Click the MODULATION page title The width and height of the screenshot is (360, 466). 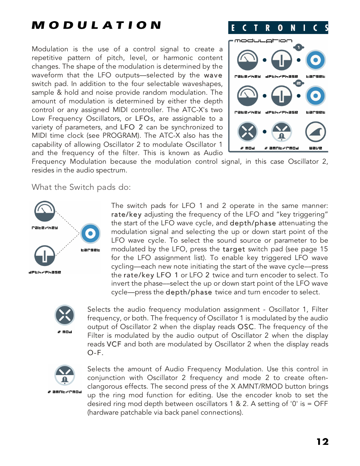pos(97,25)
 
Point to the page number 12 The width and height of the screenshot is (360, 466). pos(322,441)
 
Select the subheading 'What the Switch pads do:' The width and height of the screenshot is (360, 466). pos(81,187)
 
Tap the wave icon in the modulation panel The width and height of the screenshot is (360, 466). pos(315,132)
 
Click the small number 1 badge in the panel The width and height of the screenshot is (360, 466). pos(298,47)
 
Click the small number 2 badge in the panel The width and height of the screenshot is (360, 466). pos(298,83)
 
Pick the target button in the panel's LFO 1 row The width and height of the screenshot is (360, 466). pos(315,60)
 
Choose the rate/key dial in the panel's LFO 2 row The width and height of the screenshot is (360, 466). pos(247,96)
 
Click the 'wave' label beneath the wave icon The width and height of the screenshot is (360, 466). pos(315,148)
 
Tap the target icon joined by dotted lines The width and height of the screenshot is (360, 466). pos(90,234)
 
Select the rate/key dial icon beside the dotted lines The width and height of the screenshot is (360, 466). pos(45,211)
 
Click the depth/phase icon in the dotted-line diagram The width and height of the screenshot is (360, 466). pos(45,255)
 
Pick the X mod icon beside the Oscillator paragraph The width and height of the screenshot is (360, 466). pos(65,315)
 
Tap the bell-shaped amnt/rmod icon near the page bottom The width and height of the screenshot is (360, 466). pos(65,375)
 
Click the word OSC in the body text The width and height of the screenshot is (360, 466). pos(246,327)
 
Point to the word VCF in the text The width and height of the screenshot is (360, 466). pos(114,344)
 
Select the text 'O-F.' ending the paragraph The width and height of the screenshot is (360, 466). pos(95,353)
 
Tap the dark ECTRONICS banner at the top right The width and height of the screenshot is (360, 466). pos(278,28)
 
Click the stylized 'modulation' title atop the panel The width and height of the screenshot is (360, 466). pos(263,41)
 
